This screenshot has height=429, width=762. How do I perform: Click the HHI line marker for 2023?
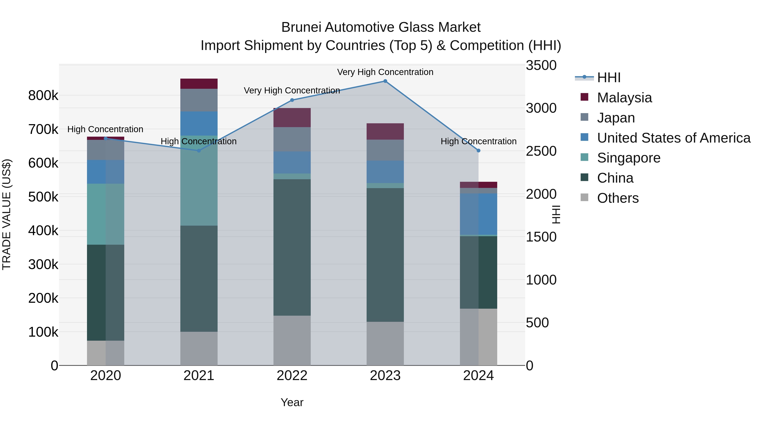click(385, 81)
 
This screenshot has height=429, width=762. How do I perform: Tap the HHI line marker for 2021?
click(199, 151)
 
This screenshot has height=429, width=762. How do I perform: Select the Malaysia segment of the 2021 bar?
click(199, 84)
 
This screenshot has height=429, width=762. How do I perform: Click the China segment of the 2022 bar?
click(292, 247)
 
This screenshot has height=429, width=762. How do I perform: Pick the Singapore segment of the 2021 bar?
click(199, 180)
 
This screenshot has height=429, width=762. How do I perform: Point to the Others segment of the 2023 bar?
click(385, 343)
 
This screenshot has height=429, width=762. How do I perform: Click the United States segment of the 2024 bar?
click(478, 214)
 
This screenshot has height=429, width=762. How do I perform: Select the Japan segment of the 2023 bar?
click(385, 150)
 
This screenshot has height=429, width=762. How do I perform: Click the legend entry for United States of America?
click(673, 138)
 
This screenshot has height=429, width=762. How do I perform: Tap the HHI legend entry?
click(609, 78)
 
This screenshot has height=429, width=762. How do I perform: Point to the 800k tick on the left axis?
click(43, 96)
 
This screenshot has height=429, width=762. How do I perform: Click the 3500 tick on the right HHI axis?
click(541, 65)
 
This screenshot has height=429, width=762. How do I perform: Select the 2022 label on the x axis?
click(292, 376)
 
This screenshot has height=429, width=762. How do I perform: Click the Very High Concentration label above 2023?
click(385, 72)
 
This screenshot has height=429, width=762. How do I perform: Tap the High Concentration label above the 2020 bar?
click(105, 129)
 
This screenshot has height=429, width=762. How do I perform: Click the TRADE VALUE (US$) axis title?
click(7, 214)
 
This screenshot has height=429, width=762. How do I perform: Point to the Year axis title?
click(292, 402)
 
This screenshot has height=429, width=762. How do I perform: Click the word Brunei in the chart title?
click(301, 27)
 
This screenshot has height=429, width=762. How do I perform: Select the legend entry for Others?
click(618, 198)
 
